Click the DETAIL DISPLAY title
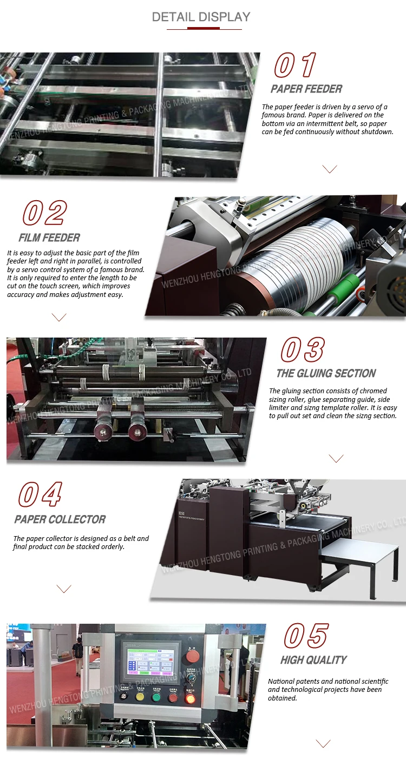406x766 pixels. point(201,17)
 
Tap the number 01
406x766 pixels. point(295,65)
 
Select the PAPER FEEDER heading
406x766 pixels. point(306,89)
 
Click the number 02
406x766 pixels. point(44,213)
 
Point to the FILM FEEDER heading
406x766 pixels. point(49,237)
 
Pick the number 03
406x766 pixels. point(303,349)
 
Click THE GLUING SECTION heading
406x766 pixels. point(326,373)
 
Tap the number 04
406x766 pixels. point(40,495)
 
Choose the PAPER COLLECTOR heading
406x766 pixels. point(60,519)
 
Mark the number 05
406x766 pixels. point(306,635)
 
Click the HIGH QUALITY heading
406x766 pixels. point(313,660)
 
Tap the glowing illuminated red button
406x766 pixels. point(190,698)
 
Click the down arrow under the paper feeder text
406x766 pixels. point(329,169)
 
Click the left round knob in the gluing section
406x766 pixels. point(102,431)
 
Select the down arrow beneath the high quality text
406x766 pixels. point(323,744)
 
